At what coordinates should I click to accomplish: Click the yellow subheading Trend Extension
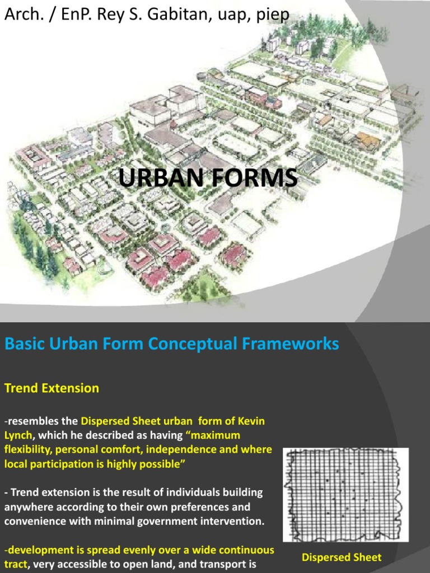(x=52, y=388)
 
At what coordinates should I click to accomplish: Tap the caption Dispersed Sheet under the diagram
(x=342, y=557)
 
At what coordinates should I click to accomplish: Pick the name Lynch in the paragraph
(x=18, y=435)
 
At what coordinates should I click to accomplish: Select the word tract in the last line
(x=17, y=565)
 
